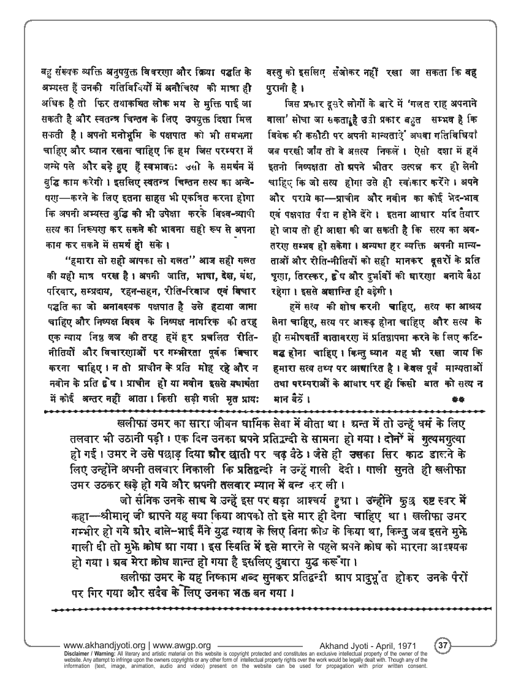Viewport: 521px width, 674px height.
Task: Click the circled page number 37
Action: click(443, 645)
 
